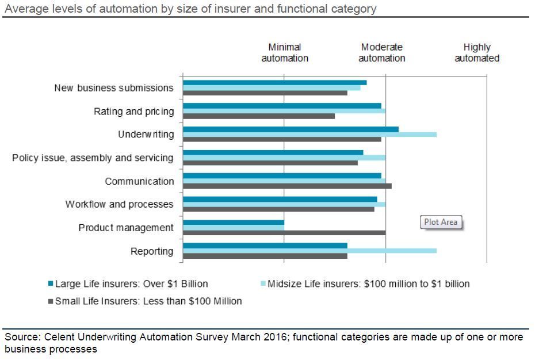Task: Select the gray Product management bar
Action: click(284, 232)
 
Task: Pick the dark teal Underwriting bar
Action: click(291, 129)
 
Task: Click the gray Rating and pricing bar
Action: click(259, 116)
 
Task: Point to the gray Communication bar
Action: click(287, 186)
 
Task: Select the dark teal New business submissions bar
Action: click(274, 82)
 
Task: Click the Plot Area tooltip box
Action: click(441, 222)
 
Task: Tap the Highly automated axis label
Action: click(477, 53)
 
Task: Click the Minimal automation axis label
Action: click(285, 53)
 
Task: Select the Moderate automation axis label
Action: click(381, 53)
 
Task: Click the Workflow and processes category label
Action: click(119, 204)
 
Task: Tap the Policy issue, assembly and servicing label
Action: click(93, 158)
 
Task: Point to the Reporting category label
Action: click(152, 251)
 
